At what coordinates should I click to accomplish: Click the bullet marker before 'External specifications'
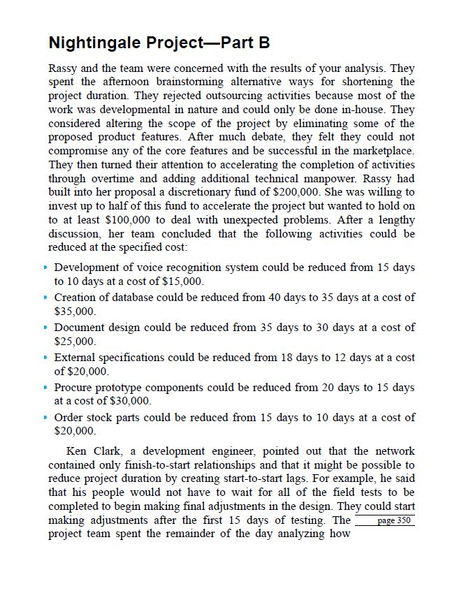pos(48,357)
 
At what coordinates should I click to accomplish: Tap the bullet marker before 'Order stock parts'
pos(48,417)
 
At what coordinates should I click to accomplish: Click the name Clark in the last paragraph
pos(114,451)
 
